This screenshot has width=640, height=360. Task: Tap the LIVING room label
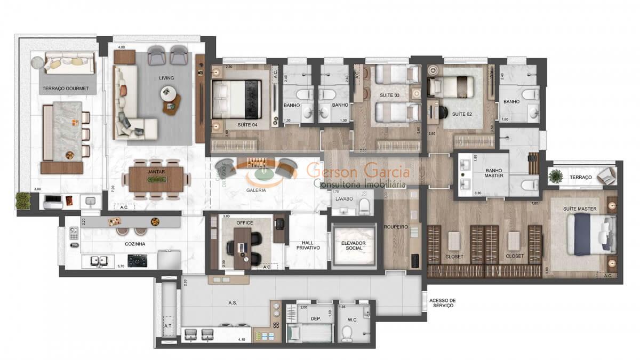coord(166,78)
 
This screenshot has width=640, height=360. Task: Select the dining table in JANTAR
coord(156,180)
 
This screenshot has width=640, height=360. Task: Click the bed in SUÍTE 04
coord(236,99)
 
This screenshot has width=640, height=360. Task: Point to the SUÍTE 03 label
coord(389,95)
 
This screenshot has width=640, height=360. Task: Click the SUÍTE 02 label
coord(462,114)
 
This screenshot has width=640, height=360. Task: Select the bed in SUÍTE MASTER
coord(589,234)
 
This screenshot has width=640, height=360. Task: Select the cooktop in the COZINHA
coord(138,261)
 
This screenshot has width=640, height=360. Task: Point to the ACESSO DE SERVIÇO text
coord(442,303)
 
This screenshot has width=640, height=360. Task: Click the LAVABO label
coord(345,198)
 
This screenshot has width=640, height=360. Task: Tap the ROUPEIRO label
coord(396,227)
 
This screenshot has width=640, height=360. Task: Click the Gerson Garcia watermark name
coord(358,172)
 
